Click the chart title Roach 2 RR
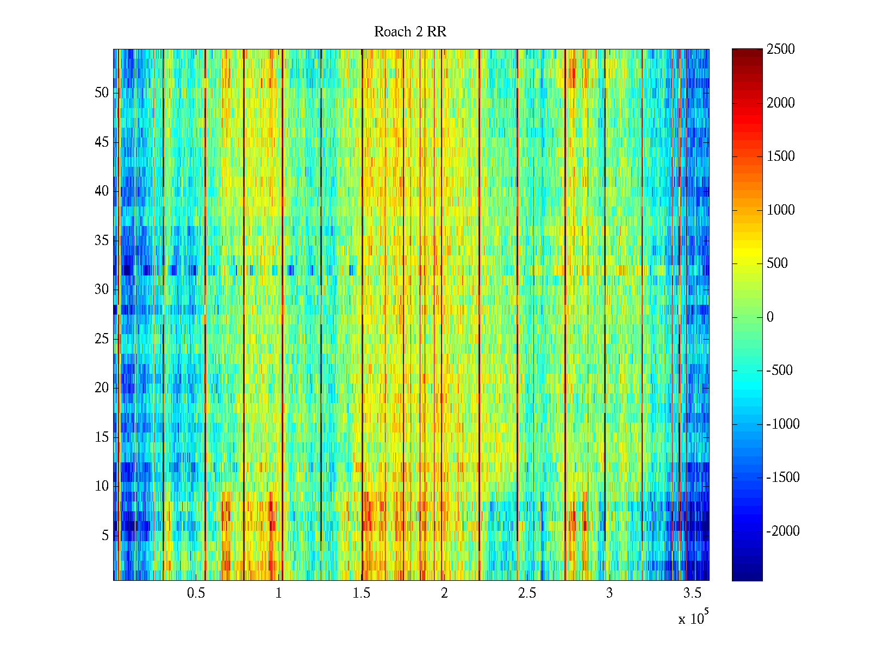click(x=410, y=32)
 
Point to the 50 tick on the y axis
click(x=102, y=93)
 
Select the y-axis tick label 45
click(x=102, y=142)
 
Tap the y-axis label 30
click(x=102, y=290)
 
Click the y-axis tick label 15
click(x=102, y=437)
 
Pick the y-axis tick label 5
click(x=105, y=536)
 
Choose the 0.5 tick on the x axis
click(x=196, y=593)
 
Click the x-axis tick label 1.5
click(x=362, y=593)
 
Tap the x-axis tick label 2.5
click(x=527, y=593)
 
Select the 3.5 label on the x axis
click(x=692, y=593)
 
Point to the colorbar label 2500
click(x=781, y=49)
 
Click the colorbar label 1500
click(x=781, y=156)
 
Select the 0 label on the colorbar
click(x=770, y=317)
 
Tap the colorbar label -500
click(x=780, y=371)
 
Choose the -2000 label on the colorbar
click(x=783, y=531)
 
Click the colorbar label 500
click(x=778, y=264)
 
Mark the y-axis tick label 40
click(x=102, y=191)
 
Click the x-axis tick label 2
click(x=444, y=593)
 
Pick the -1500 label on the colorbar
click(x=783, y=478)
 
